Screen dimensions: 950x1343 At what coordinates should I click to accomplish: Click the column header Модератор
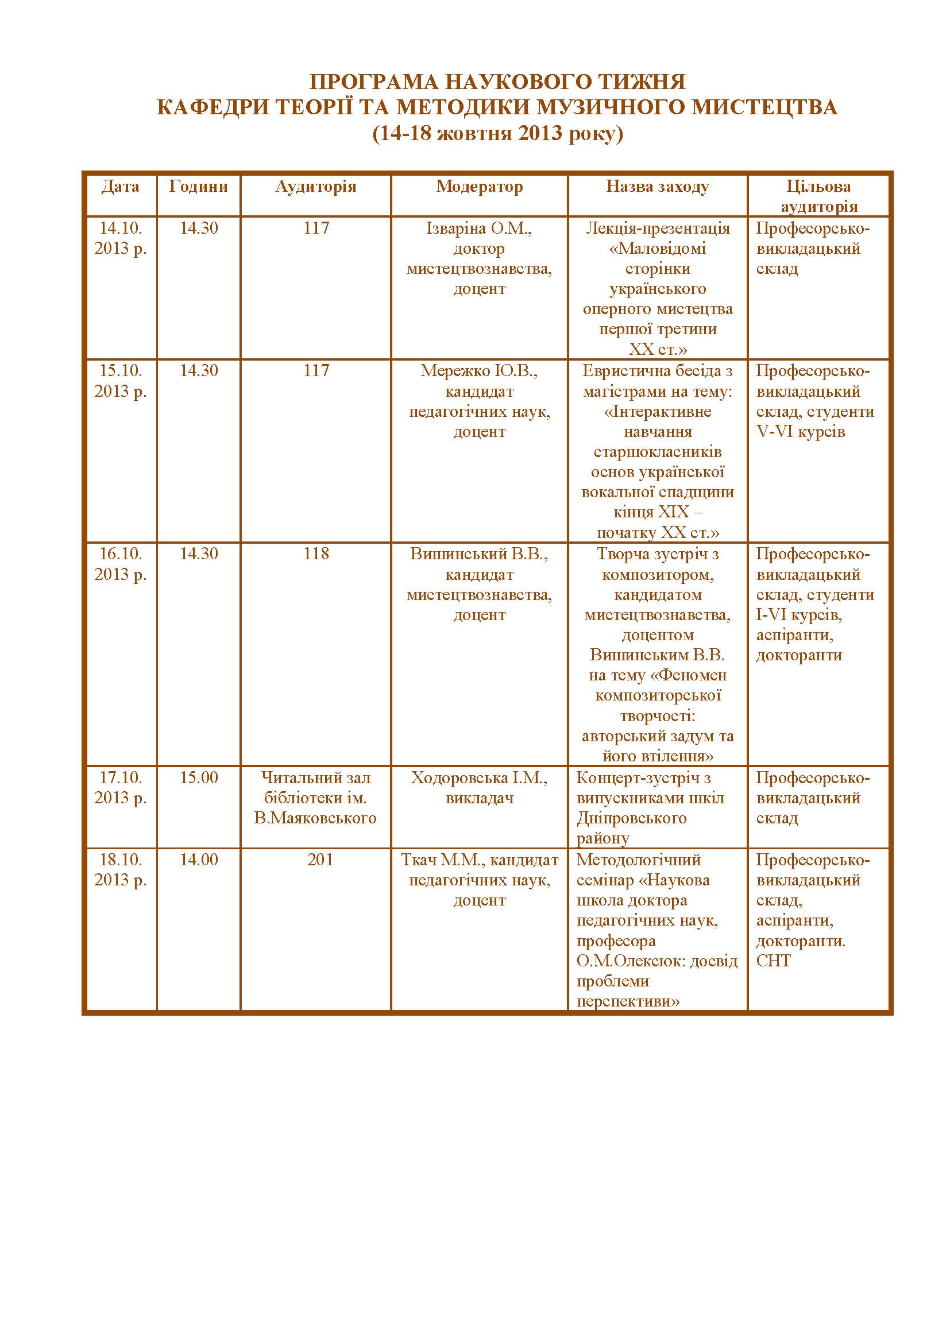[479, 187]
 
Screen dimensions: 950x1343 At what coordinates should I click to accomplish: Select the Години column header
[198, 187]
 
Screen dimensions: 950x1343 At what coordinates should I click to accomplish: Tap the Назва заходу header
[657, 187]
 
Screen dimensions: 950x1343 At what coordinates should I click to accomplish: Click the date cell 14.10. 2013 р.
[121, 238]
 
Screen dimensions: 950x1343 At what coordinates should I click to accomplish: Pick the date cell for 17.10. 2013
[121, 787]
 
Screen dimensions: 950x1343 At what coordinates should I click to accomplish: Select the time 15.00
[198, 777]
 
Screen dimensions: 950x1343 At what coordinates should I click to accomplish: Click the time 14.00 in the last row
[198, 860]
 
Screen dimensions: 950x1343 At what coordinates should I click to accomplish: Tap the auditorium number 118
[316, 554]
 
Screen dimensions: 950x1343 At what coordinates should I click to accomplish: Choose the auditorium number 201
[320, 860]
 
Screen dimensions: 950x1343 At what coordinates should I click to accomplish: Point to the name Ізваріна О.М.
[478, 228]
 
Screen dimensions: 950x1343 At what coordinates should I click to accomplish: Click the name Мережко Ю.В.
[478, 370]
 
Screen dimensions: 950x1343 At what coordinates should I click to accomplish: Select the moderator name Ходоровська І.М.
[478, 777]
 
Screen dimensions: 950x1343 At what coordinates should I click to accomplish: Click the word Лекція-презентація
[658, 228]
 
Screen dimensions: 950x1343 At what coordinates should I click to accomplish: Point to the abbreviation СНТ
[773, 961]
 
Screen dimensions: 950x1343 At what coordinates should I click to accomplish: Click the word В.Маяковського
[315, 818]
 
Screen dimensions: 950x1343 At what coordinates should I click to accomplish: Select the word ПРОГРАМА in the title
[374, 82]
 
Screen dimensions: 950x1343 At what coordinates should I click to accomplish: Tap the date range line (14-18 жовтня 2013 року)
[497, 133]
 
